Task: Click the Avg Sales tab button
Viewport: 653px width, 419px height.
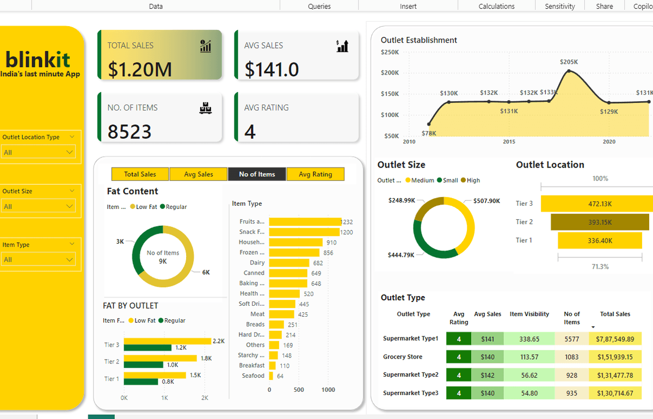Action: pyautogui.click(x=198, y=174)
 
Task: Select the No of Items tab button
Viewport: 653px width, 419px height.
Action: pyautogui.click(x=257, y=174)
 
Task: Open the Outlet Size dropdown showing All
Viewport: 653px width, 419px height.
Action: pyautogui.click(x=39, y=206)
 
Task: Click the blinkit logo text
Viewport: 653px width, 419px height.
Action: pyautogui.click(x=38, y=59)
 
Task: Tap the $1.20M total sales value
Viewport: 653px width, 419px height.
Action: pyautogui.click(x=140, y=70)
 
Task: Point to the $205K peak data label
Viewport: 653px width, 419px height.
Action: pyautogui.click(x=569, y=62)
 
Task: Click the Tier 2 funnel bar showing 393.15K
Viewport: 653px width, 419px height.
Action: pyautogui.click(x=599, y=222)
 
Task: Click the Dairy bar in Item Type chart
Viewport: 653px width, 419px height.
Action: pyautogui.click(x=289, y=263)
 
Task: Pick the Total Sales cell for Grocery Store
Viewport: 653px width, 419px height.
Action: pyautogui.click(x=614, y=357)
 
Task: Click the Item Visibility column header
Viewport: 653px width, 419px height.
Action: pyautogui.click(x=529, y=314)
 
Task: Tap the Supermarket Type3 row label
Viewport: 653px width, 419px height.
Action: pyautogui.click(x=410, y=393)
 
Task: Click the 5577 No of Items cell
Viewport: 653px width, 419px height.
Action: pyautogui.click(x=571, y=339)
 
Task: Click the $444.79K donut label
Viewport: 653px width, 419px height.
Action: pyautogui.click(x=401, y=255)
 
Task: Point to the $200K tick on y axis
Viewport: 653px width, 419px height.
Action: pyautogui.click(x=390, y=73)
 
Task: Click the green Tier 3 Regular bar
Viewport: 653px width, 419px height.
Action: pyautogui.click(x=147, y=348)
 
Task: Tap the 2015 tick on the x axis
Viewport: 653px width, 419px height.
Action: pyautogui.click(x=509, y=141)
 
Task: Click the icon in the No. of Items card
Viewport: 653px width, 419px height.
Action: pyautogui.click(x=205, y=108)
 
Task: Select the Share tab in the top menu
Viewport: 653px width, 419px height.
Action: pyautogui.click(x=604, y=7)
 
